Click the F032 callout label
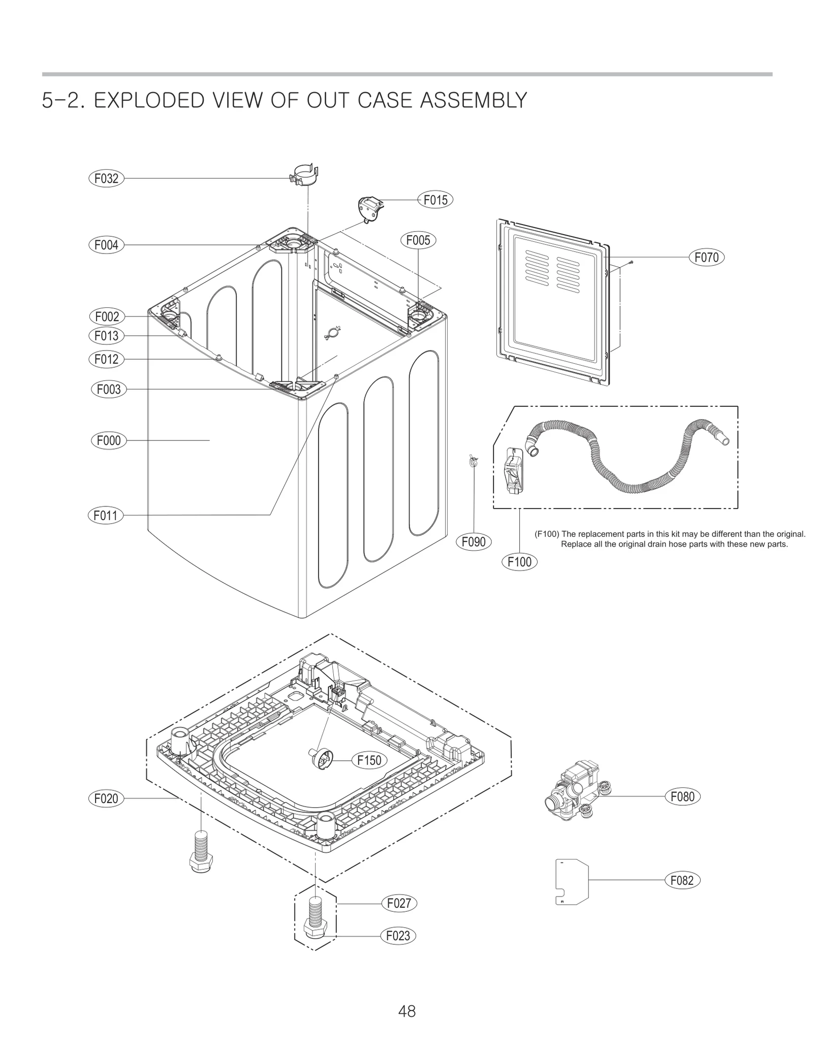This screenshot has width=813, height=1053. pyautogui.click(x=106, y=178)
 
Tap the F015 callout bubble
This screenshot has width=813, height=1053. pyautogui.click(x=435, y=200)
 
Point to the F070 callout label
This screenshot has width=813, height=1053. pyautogui.click(x=706, y=258)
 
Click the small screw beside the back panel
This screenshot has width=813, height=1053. pyautogui.click(x=631, y=262)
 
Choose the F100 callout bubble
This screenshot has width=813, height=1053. pyautogui.click(x=519, y=562)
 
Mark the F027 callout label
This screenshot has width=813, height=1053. pyautogui.click(x=399, y=904)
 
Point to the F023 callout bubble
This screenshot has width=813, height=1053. pyautogui.click(x=398, y=936)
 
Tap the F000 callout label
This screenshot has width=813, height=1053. pyautogui.click(x=109, y=440)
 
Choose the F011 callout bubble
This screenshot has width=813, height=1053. pyautogui.click(x=105, y=516)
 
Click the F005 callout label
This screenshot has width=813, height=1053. pyautogui.click(x=418, y=240)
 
